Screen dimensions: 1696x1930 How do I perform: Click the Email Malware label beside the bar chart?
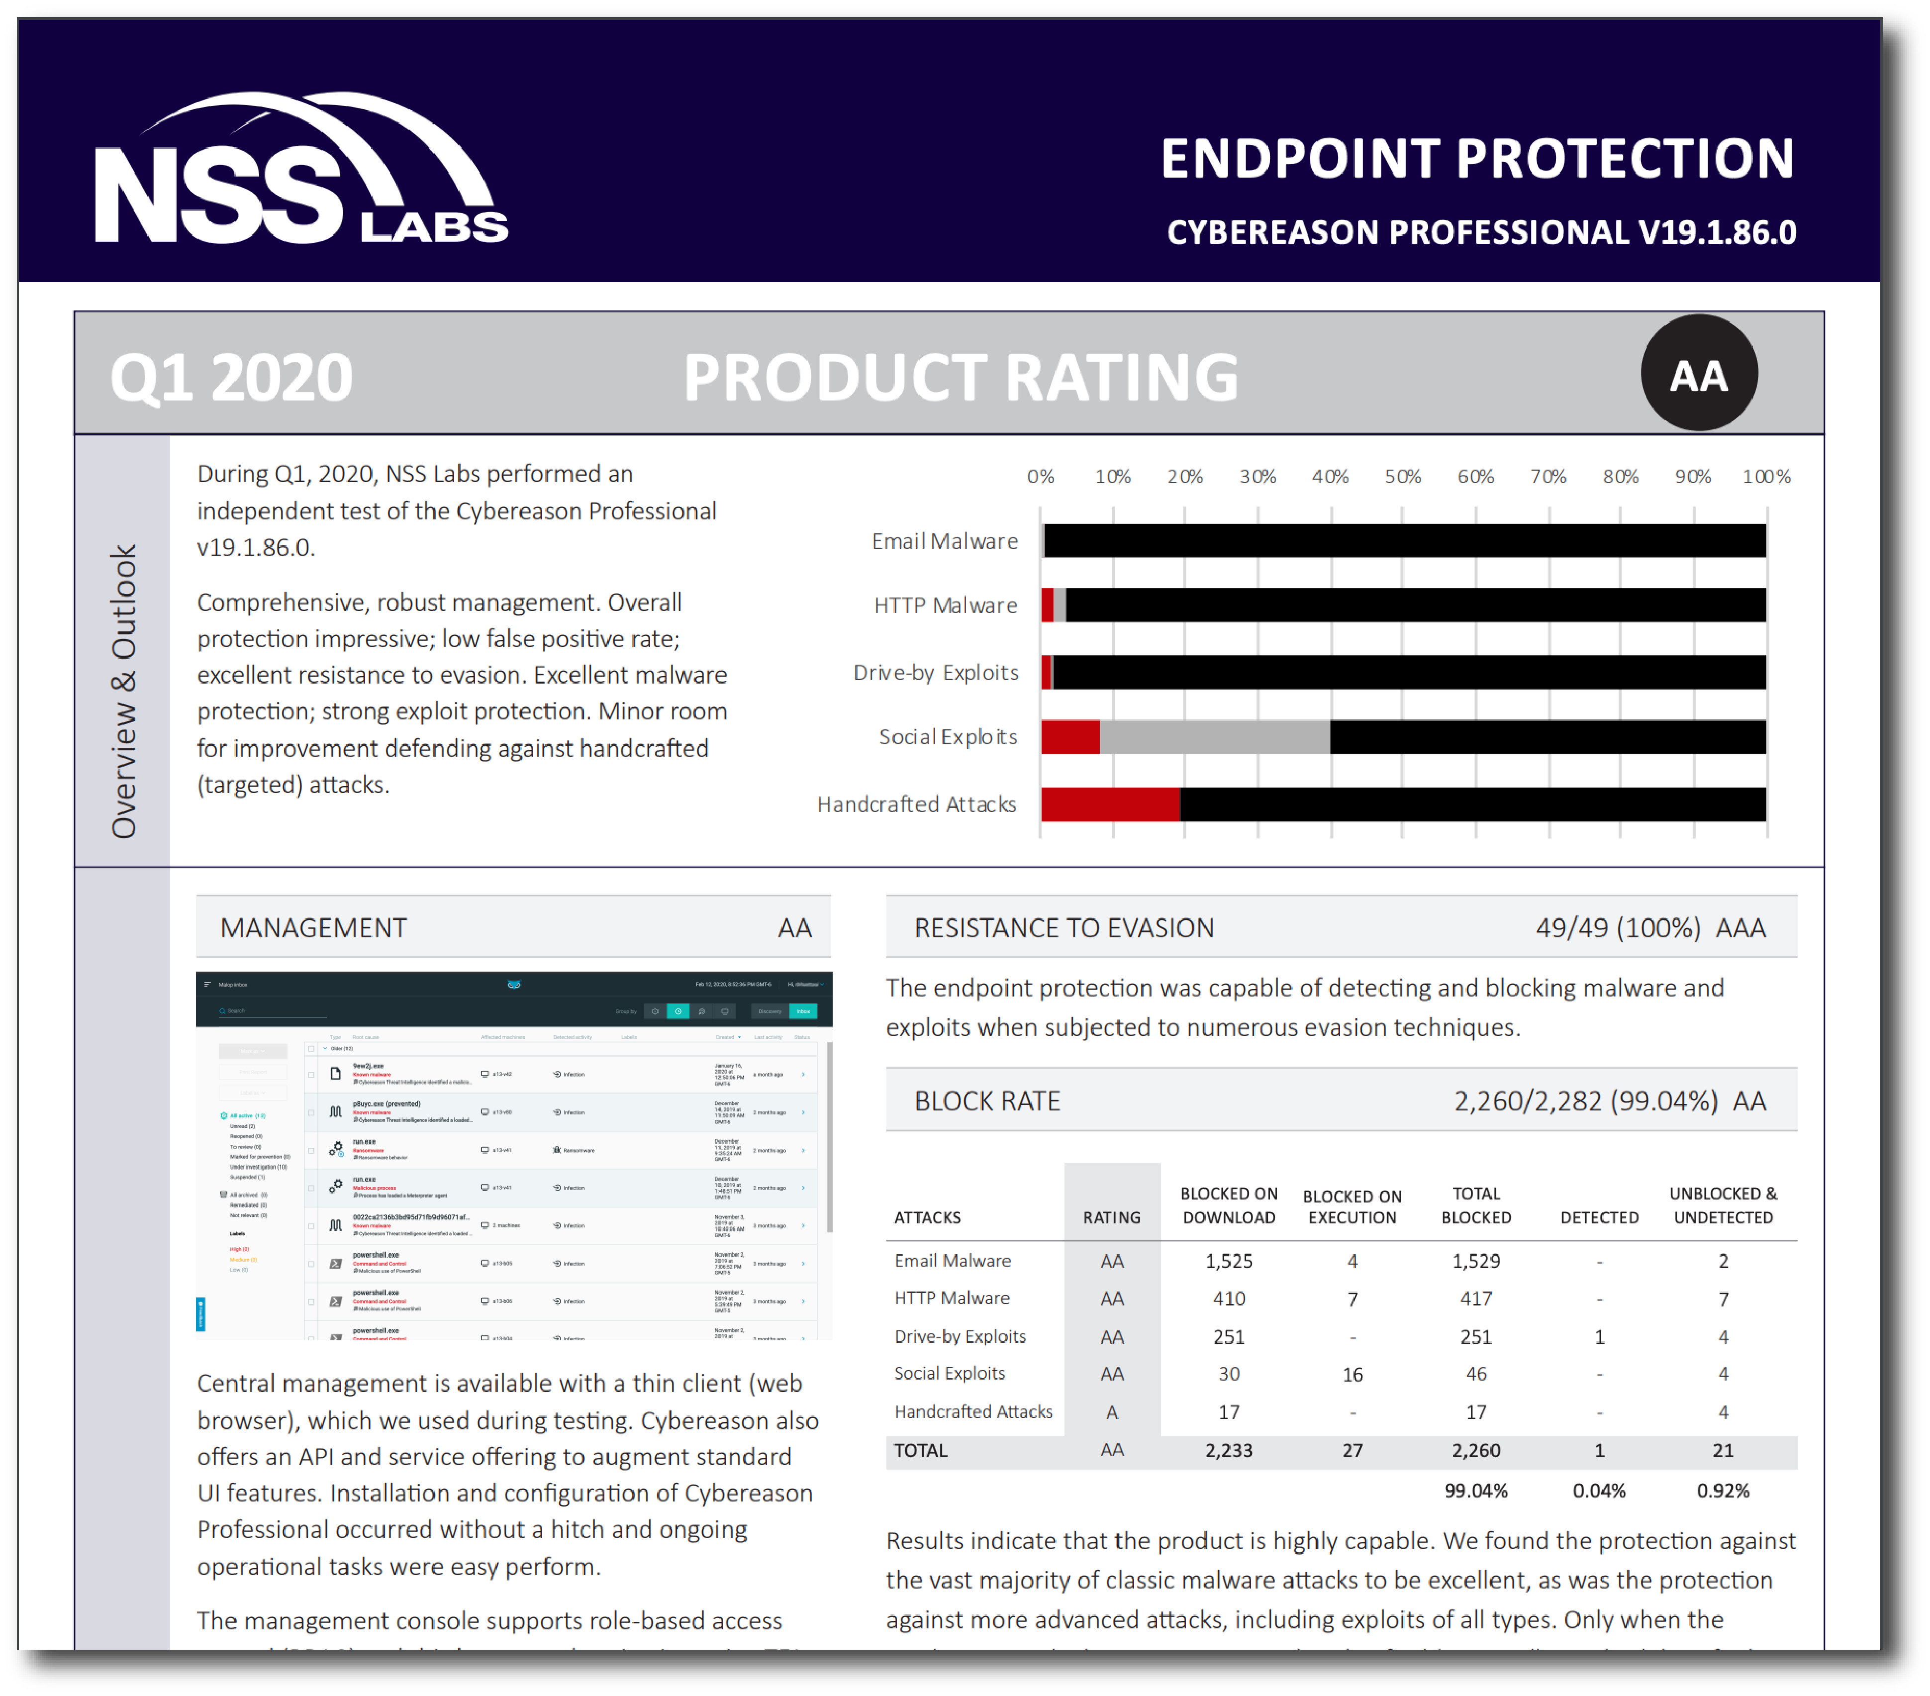[x=944, y=541]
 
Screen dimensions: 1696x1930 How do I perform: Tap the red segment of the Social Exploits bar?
[x=1070, y=737]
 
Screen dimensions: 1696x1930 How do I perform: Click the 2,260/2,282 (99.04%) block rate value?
[x=1584, y=1101]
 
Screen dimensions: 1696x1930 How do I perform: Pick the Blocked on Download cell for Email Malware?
[x=1229, y=1261]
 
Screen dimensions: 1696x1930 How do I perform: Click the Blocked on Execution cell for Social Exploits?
[x=1352, y=1374]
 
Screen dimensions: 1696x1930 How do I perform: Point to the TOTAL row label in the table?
[x=921, y=1450]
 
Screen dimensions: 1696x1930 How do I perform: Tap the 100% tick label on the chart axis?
[x=1766, y=477]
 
